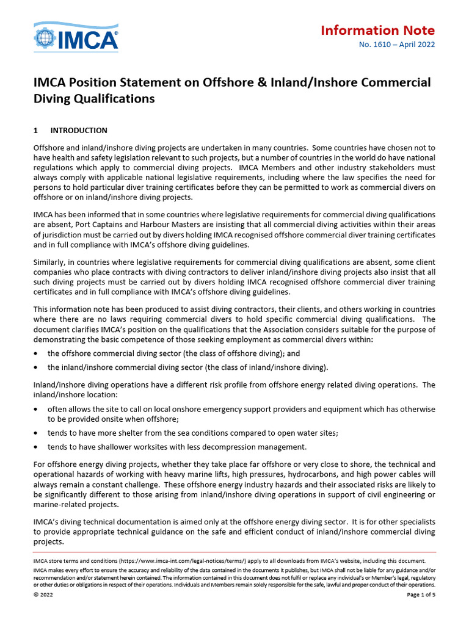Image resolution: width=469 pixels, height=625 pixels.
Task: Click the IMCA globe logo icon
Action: [x=46, y=38]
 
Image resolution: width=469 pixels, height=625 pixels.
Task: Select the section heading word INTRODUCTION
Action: [x=79, y=131]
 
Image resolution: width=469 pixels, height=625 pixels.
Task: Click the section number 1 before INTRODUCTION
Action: [x=35, y=131]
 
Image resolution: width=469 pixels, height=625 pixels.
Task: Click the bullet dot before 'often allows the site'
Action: [x=38, y=408]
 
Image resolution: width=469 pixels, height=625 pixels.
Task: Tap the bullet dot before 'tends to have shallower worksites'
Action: [x=38, y=446]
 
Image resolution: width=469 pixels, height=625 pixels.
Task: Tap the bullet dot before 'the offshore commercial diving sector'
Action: [x=38, y=353]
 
